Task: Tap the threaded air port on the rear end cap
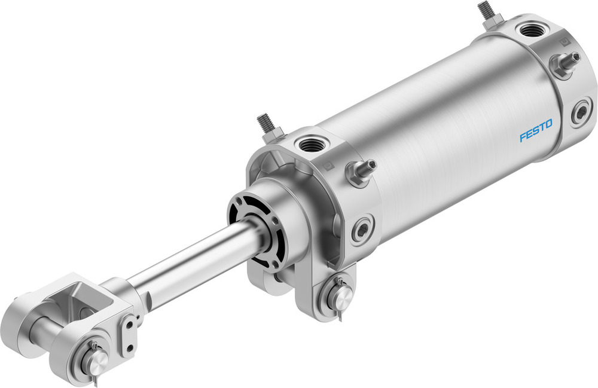pos(530,29)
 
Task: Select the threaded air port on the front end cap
pos(310,144)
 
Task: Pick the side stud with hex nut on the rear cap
pos(566,62)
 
